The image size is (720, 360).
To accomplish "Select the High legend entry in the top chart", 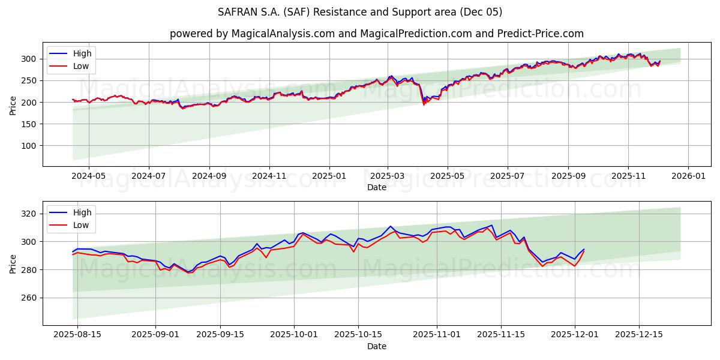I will pyautogui.click(x=82, y=53).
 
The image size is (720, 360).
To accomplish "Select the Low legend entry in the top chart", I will pyautogui.click(x=81, y=66).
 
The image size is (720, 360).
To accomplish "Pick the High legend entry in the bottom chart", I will pyautogui.click(x=82, y=212).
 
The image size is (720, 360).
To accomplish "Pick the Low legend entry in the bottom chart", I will pyautogui.click(x=81, y=225).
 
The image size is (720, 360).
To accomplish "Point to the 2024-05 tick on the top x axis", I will pyautogui.click(x=89, y=176).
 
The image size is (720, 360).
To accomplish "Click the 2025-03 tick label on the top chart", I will pyautogui.click(x=388, y=176).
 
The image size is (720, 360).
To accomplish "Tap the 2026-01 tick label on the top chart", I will pyautogui.click(x=688, y=176).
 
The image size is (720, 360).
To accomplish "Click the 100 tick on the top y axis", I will pyautogui.click(x=30, y=146).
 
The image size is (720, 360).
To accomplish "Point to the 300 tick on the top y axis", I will pyautogui.click(x=30, y=59).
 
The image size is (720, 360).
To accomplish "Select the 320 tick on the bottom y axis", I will pyautogui.click(x=30, y=214).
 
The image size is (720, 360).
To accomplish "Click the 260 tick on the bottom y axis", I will pyautogui.click(x=30, y=298).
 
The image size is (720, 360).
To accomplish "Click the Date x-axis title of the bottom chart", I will pyautogui.click(x=376, y=346).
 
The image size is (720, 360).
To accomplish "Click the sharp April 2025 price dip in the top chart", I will pyautogui.click(x=424, y=103).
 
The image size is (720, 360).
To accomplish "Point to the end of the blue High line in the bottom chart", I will pyautogui.click(x=584, y=249).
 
